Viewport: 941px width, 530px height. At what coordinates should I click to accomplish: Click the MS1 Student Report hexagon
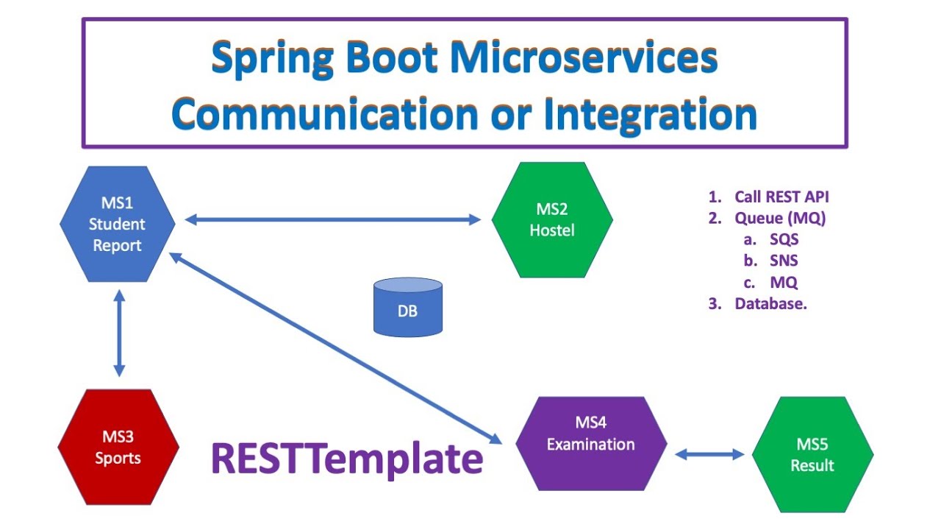[118, 224]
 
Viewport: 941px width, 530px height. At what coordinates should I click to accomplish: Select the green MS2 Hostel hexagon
[552, 220]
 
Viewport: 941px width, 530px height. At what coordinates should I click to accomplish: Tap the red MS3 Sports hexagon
[118, 448]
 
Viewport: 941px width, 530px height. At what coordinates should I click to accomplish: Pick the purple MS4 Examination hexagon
[590, 444]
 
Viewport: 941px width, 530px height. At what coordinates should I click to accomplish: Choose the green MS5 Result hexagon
[812, 454]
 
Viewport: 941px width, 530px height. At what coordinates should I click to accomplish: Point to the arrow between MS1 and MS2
[332, 219]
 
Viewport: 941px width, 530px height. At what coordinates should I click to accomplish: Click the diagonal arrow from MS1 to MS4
[334, 348]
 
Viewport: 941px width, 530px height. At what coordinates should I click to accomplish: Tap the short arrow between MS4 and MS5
[709, 454]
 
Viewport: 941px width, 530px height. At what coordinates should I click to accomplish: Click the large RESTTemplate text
[347, 458]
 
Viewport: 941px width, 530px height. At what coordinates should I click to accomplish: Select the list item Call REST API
[781, 197]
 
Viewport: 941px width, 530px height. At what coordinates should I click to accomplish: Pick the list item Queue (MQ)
[780, 218]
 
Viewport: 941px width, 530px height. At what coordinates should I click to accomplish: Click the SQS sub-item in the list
[784, 239]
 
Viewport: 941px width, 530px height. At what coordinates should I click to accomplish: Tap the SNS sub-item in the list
[784, 261]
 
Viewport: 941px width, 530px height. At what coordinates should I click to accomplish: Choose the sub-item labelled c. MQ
[784, 282]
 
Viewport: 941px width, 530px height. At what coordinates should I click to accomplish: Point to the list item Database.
[770, 303]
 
